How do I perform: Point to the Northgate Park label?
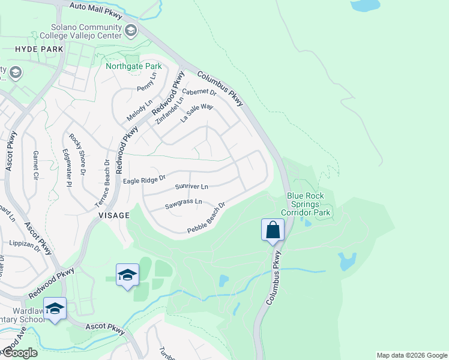(x=133, y=66)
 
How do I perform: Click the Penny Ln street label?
(x=146, y=82)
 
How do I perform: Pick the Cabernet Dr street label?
(x=199, y=92)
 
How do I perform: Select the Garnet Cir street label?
(x=35, y=166)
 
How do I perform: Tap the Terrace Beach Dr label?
(x=101, y=184)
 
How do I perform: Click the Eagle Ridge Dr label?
(x=143, y=179)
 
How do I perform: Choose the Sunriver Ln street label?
(x=191, y=187)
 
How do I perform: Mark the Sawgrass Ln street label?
(x=184, y=204)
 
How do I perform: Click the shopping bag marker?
(x=273, y=230)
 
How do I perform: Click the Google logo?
(x=19, y=353)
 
